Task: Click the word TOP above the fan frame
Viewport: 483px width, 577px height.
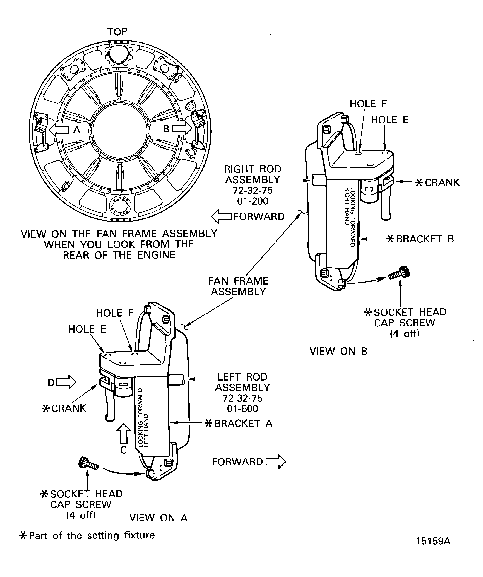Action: (x=117, y=32)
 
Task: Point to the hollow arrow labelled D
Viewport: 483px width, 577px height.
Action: (x=66, y=382)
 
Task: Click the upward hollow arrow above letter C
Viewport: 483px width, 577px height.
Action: (x=124, y=434)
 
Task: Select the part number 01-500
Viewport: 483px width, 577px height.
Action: (x=242, y=409)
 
